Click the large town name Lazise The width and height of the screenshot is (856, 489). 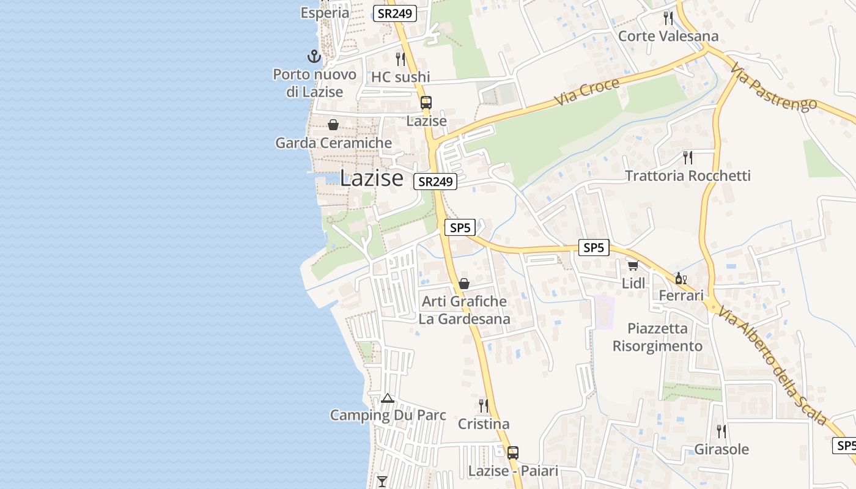coord(371,178)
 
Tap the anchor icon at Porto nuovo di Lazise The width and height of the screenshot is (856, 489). coord(314,57)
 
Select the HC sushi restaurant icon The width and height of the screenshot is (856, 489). coord(400,59)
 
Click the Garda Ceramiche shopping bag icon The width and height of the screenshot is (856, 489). coord(333,125)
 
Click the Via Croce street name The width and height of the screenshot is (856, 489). coord(587,92)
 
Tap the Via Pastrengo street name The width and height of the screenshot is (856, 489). coord(773,88)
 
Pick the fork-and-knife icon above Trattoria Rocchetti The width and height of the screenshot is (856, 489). coord(688,158)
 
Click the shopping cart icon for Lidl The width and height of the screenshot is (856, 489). coord(633,265)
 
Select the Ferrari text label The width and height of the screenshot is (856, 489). coord(681,296)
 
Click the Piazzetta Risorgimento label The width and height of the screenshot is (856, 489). coord(657,337)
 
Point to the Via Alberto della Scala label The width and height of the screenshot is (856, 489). coord(773,366)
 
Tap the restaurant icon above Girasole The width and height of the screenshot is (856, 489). coord(721,431)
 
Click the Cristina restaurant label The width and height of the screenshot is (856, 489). coord(484,424)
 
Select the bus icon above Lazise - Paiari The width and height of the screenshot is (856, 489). coord(513,453)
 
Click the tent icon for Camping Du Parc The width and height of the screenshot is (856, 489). coord(387,399)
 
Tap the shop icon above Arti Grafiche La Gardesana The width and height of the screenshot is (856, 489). coord(464,284)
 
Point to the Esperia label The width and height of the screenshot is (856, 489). coord(325,12)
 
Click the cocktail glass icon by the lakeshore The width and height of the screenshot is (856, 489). coord(382,481)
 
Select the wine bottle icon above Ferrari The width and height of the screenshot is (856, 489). coord(679,278)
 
